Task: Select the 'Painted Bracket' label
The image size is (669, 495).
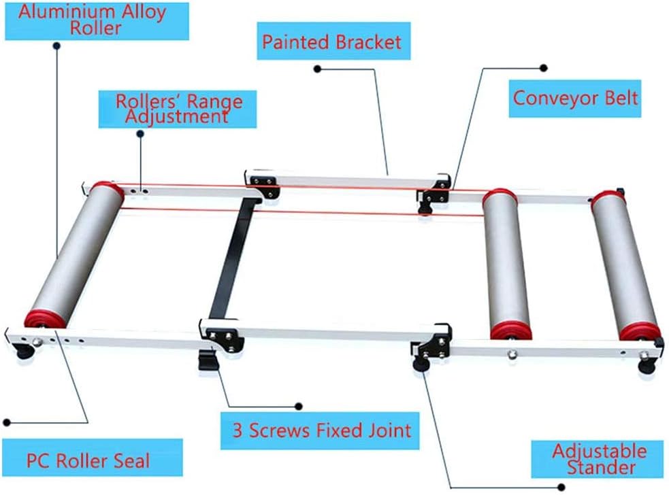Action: (332, 42)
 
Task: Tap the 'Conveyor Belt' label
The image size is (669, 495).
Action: (575, 97)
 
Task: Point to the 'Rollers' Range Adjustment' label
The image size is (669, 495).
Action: (178, 109)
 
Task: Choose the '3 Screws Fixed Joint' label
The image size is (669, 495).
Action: (321, 430)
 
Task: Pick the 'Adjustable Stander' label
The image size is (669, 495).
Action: (599, 459)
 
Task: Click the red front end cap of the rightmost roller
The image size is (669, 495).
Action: (640, 332)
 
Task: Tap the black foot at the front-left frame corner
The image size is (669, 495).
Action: (25, 352)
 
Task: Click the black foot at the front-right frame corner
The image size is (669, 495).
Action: (644, 366)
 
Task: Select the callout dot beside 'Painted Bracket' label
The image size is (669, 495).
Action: (317, 69)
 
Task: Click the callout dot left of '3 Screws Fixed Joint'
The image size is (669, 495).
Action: (298, 406)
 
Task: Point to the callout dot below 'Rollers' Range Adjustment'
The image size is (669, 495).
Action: (140, 134)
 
